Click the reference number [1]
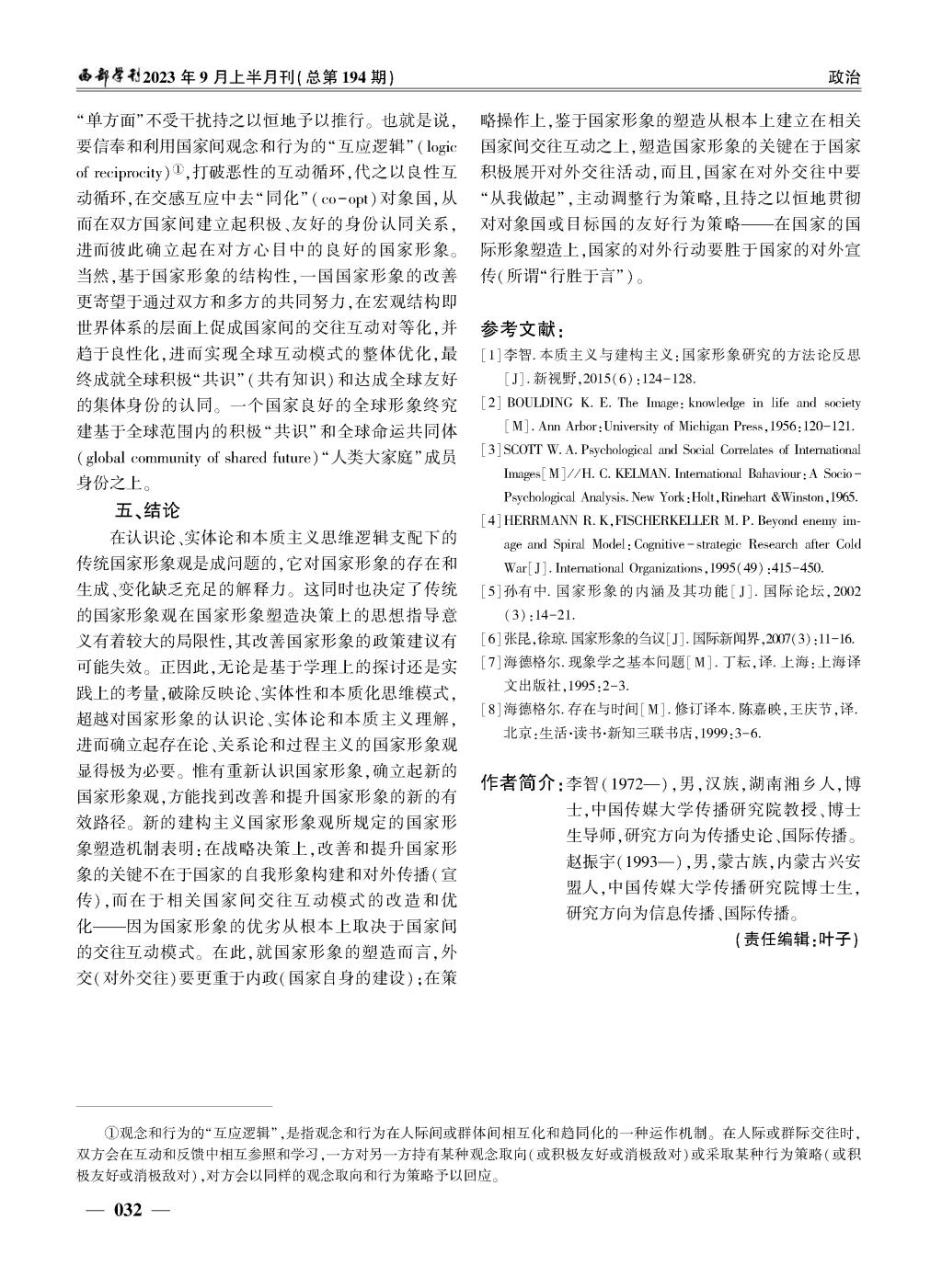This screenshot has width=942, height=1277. [x=491, y=354]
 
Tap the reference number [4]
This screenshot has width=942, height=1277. [x=491, y=521]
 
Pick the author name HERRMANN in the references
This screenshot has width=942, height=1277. [x=541, y=521]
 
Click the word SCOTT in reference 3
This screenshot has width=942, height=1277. [x=523, y=450]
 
